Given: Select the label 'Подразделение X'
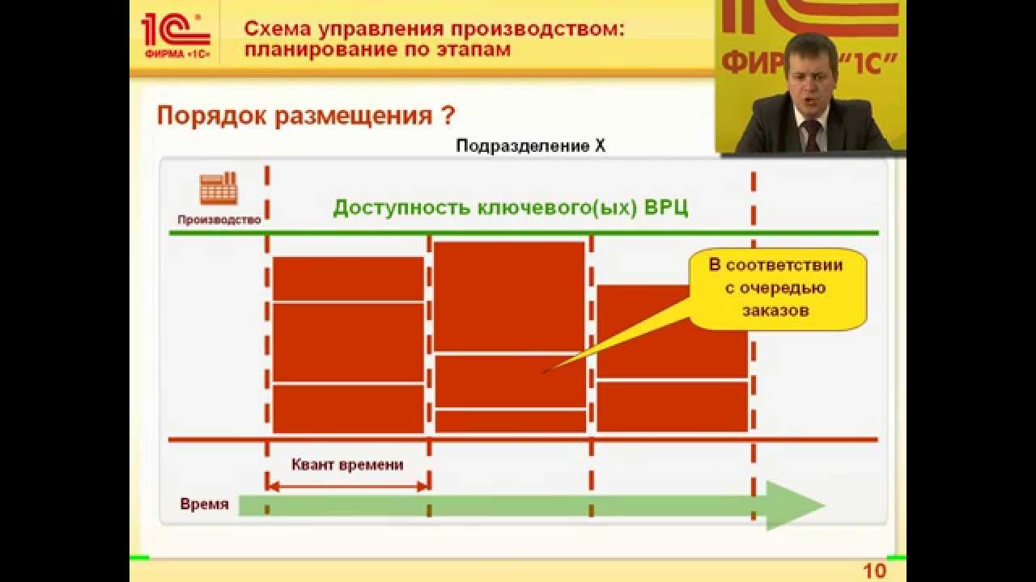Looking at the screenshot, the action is (530, 146).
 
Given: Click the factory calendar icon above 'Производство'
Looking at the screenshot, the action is (219, 189).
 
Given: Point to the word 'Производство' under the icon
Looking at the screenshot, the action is (219, 219).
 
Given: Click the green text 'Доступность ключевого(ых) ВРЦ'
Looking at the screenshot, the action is (511, 207).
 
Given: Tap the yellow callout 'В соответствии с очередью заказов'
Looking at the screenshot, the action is (776, 288).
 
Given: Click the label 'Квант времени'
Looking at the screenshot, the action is (347, 465).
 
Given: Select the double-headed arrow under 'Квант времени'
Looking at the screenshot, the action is (347, 486).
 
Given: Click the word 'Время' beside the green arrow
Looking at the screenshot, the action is (204, 504).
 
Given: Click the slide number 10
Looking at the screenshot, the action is (875, 571).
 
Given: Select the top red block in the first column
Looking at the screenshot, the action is (348, 278).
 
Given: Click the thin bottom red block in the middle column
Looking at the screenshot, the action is (510, 421).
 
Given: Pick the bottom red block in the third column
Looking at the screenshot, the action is (672, 407).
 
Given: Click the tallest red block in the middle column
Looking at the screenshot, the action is (509, 295).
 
